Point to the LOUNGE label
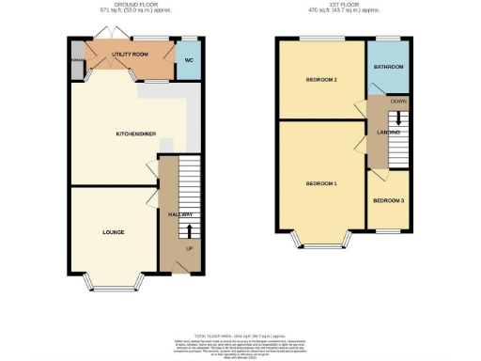(x=114, y=231)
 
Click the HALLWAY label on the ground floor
(x=180, y=215)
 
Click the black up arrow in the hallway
(x=190, y=230)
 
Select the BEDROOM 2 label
(x=320, y=79)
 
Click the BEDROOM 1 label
(x=321, y=183)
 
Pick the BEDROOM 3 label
(x=388, y=200)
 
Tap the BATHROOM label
(x=388, y=68)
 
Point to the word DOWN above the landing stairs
(x=398, y=101)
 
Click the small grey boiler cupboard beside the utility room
(x=74, y=65)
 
